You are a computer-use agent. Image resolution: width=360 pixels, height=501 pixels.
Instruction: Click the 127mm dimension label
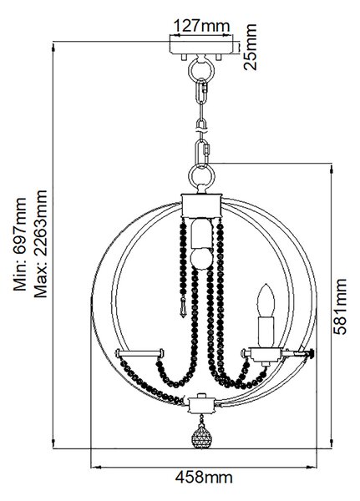(x=201, y=26)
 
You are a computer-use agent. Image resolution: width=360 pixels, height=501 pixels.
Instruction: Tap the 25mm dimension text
(x=250, y=47)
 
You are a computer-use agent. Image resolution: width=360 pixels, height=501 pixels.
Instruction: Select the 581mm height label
(x=340, y=306)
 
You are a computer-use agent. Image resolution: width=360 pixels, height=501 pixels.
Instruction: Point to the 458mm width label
(x=204, y=478)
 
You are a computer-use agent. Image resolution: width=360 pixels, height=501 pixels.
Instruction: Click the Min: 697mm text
(x=20, y=244)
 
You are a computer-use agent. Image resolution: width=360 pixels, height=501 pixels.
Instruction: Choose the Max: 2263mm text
(x=41, y=244)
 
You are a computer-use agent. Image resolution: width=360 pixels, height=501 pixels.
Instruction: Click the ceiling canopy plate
(x=201, y=45)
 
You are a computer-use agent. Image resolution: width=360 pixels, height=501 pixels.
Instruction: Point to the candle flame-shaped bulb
(x=266, y=301)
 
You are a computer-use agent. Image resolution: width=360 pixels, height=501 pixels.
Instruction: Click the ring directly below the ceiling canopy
(x=201, y=71)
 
